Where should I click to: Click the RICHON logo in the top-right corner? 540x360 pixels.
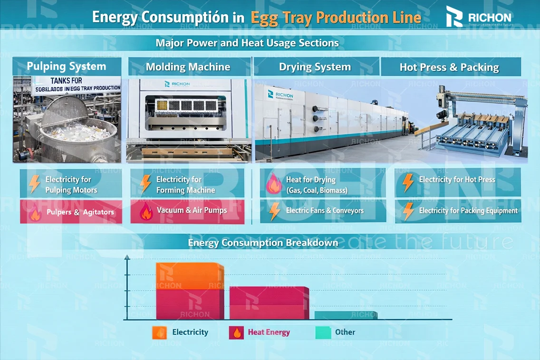tap(479, 17)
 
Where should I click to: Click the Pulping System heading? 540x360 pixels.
tap(67, 66)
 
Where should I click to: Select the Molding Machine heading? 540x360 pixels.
tap(188, 67)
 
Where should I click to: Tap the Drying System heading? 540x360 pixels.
tap(315, 67)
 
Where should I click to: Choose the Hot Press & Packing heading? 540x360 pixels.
tap(449, 67)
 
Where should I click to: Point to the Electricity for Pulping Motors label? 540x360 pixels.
tap(71, 185)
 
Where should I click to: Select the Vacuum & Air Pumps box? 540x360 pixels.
tap(187, 211)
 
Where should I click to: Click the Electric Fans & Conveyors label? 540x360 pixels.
tap(325, 211)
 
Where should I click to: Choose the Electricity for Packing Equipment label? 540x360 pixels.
tap(468, 211)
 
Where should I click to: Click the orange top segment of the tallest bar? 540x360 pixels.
tap(190, 276)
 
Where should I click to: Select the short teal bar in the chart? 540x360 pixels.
tap(346, 315)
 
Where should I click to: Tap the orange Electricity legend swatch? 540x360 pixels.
tap(159, 332)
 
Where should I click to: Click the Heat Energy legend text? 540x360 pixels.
tap(269, 332)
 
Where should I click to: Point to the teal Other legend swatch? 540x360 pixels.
tap(323, 332)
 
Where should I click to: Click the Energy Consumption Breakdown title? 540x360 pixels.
tap(263, 243)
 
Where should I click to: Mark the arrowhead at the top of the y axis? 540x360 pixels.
tap(127, 257)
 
